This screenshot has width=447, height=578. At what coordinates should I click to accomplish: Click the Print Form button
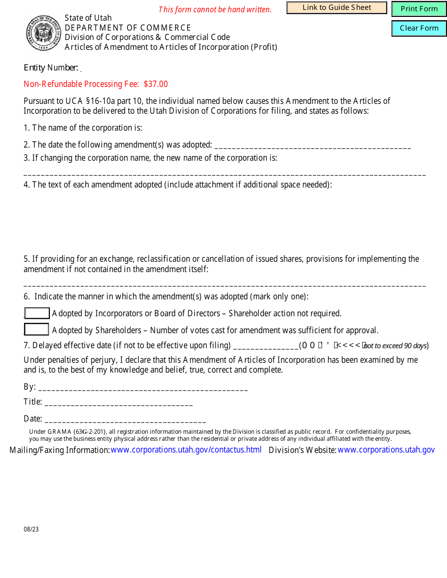419,9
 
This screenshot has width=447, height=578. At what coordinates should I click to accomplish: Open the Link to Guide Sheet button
336,8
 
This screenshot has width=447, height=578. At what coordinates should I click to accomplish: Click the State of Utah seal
44,33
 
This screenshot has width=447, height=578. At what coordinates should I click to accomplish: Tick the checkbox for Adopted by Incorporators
37,313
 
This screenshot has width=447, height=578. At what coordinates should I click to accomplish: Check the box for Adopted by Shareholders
37,330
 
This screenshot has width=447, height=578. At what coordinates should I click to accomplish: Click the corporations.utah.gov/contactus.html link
186,450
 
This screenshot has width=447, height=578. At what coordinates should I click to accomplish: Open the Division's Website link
386,450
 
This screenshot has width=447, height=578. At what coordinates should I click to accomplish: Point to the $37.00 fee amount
156,84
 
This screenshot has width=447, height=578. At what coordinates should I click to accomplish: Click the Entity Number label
51,68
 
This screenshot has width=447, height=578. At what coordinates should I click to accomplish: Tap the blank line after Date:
125,420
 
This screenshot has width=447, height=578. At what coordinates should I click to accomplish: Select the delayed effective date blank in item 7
265,347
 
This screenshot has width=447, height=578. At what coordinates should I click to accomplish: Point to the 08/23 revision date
32,529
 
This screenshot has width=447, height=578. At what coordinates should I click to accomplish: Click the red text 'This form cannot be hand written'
215,9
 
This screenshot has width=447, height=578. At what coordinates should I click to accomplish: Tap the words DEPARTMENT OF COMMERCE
128,28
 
